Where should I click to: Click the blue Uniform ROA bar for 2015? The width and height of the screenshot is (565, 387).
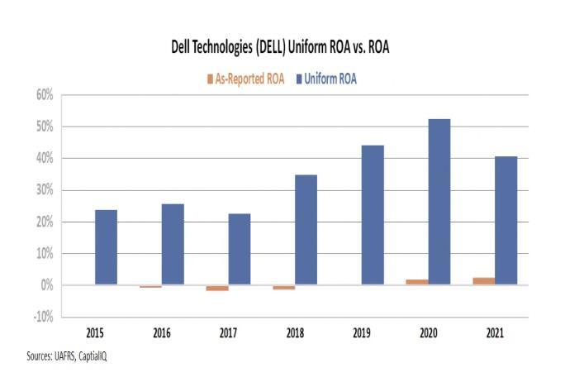[x=106, y=247]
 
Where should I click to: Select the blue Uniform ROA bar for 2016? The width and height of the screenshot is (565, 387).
[x=173, y=244]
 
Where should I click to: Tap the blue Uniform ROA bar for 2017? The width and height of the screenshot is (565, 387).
[x=240, y=249]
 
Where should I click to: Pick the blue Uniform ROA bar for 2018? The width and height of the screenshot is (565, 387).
[x=306, y=230]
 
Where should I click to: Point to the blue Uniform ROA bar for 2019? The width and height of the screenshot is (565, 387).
[x=373, y=215]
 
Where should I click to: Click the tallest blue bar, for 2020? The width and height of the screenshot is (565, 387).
[x=439, y=202]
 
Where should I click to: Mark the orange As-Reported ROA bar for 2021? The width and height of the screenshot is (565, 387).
[x=484, y=281]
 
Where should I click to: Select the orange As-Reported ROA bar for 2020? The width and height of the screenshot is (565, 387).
[x=417, y=282]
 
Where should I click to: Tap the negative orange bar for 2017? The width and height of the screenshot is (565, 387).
[x=217, y=288]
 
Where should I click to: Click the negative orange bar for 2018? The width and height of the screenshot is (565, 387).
[x=283, y=287]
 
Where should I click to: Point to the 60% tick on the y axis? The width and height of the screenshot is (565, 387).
[x=43, y=95]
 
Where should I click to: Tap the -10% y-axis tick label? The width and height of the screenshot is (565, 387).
[x=41, y=318]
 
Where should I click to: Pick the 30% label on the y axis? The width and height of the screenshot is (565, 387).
[x=43, y=190]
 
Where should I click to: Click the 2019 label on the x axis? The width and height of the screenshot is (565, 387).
[x=361, y=333]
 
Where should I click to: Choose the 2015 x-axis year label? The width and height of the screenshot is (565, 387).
[x=94, y=333]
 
